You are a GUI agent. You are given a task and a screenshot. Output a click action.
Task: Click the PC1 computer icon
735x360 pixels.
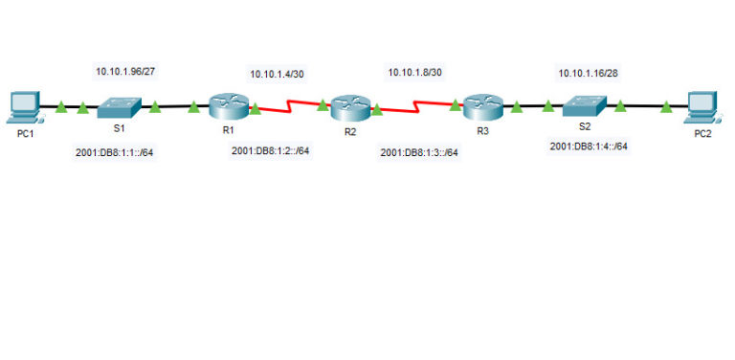[x=24, y=105]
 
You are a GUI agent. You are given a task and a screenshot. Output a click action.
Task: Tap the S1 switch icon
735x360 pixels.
[x=120, y=106]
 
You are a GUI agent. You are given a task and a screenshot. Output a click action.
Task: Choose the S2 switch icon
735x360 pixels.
[x=583, y=106]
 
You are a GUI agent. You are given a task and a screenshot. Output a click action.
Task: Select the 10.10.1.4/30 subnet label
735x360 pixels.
[x=277, y=74]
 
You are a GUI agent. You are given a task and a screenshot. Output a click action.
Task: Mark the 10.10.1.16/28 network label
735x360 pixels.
[x=586, y=72]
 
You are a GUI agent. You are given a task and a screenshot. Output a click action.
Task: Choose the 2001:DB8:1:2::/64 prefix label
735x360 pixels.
[x=270, y=150]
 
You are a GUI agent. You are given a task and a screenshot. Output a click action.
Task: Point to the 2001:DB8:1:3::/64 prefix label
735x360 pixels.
[x=418, y=151]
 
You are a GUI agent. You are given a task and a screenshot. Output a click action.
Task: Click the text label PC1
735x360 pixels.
[x=25, y=133]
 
